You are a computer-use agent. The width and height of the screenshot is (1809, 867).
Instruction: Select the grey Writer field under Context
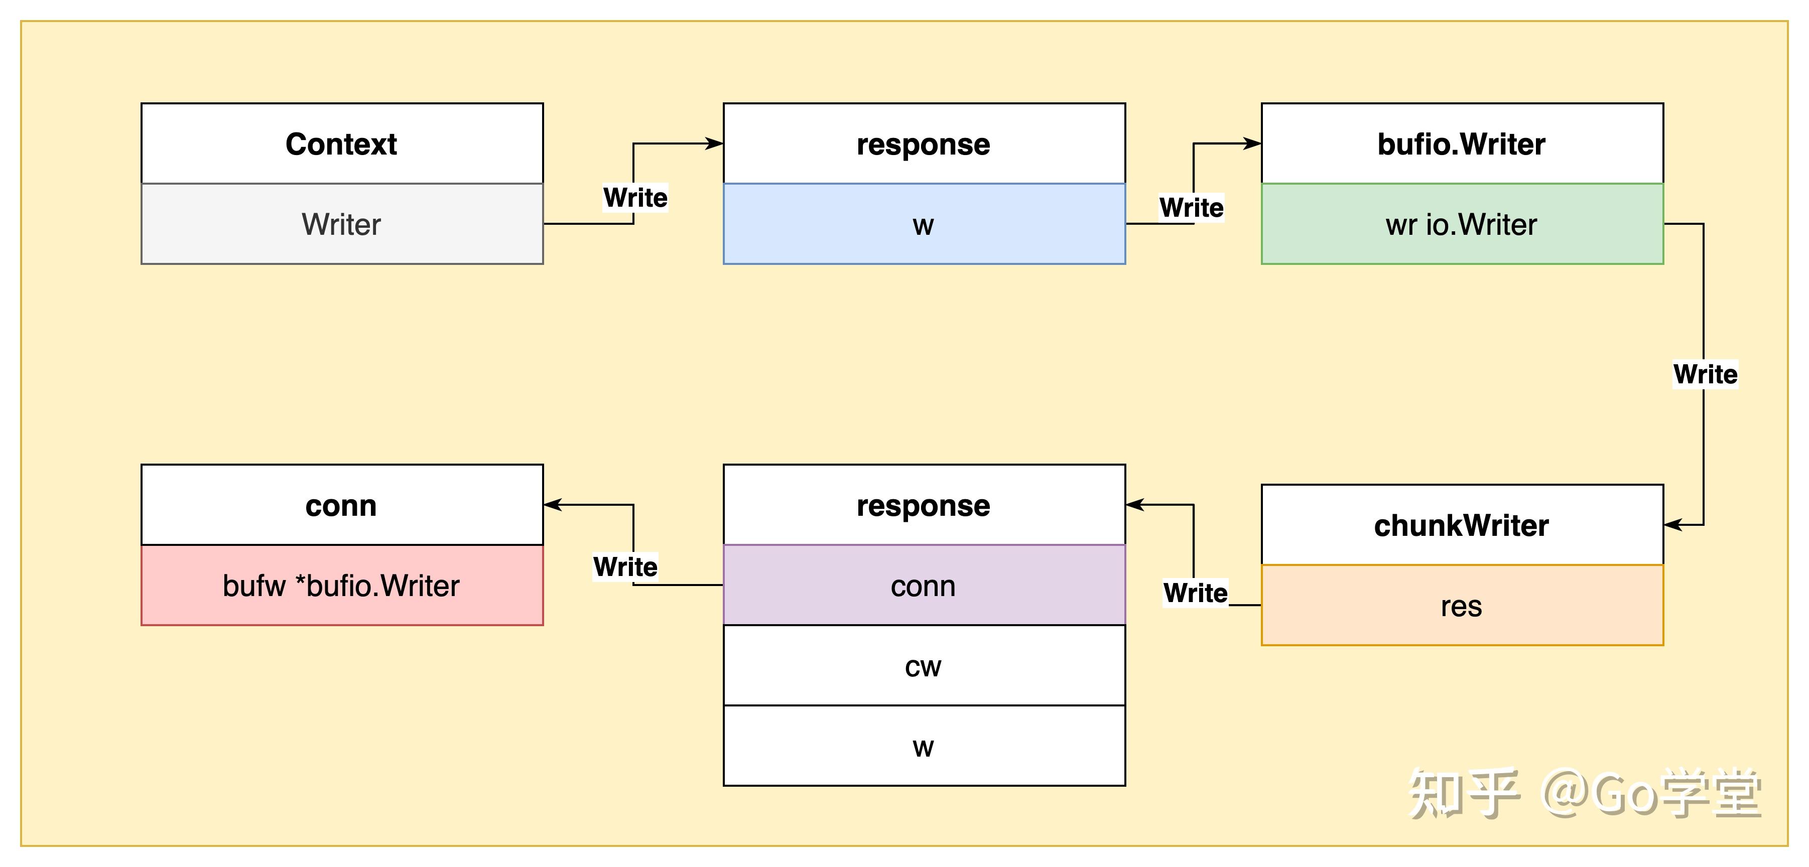341,224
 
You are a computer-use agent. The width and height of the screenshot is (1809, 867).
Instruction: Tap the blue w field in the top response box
924,224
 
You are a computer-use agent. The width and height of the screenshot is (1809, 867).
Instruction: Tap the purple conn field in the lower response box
924,585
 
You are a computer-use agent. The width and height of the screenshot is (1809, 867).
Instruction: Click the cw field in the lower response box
924,665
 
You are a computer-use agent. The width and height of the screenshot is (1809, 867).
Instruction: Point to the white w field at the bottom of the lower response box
924,746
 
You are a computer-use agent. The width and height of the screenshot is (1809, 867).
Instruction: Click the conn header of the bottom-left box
341,505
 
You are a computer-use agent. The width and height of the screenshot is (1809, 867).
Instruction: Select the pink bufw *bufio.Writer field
341,585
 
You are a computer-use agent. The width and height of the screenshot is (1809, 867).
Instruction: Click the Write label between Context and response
635,197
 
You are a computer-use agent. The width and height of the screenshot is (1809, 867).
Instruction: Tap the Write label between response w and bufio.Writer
1191,207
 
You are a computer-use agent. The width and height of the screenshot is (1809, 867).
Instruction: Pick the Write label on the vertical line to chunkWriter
1705,374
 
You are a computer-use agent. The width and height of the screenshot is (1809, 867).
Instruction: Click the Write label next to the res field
1195,593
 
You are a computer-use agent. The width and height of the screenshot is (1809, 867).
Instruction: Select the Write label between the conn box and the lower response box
625,566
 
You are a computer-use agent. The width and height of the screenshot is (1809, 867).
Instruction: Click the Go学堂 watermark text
1650,794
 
